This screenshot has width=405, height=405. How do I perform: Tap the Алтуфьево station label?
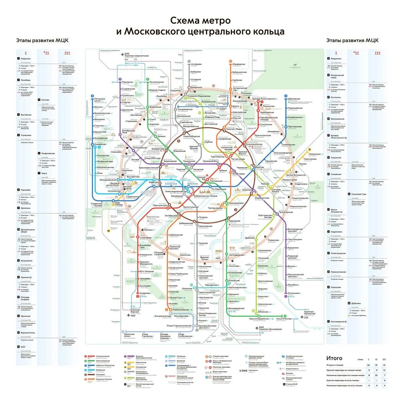[x=196, y=64]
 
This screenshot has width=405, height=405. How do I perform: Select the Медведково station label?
[x=239, y=64]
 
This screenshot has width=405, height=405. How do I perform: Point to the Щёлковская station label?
[x=294, y=99]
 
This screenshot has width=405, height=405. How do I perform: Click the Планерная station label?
[x=127, y=82]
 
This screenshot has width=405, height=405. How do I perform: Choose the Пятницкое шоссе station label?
[x=100, y=100]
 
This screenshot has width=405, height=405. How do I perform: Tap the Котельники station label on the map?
[x=294, y=293]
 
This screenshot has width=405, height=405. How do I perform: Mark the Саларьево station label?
[x=145, y=293]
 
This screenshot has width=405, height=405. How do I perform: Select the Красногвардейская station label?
[x=259, y=319]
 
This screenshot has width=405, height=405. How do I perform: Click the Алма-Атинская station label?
[x=284, y=319]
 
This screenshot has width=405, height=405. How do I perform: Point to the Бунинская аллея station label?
[x=129, y=335]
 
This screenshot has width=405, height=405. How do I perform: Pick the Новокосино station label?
[x=315, y=154]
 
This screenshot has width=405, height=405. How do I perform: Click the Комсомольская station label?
[x=254, y=144]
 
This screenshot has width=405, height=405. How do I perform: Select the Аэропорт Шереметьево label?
[x=137, y=56]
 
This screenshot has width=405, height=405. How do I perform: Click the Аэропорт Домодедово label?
[x=270, y=329]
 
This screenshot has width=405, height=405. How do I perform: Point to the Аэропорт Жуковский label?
[x=309, y=313]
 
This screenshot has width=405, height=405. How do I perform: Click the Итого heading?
[x=334, y=358]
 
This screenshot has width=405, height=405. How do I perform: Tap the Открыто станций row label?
[x=335, y=365]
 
